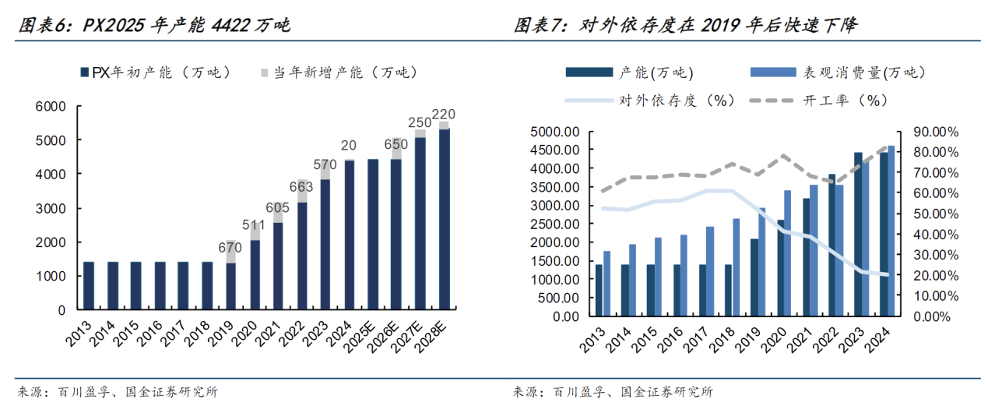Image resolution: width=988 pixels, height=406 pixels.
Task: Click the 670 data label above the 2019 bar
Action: click(230, 248)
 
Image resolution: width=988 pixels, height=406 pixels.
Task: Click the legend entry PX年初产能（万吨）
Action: click(155, 72)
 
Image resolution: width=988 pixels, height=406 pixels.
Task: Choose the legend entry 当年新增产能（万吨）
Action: click(339, 72)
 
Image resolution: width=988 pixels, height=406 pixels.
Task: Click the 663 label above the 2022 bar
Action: click(301, 187)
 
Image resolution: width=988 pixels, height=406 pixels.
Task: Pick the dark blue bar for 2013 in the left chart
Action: click(89, 286)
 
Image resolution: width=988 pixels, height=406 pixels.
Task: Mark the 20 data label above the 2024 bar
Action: click(349, 146)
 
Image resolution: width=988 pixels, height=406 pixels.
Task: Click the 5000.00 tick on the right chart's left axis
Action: click(552, 131)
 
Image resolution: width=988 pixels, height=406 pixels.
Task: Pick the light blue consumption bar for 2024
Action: click(891, 231)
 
